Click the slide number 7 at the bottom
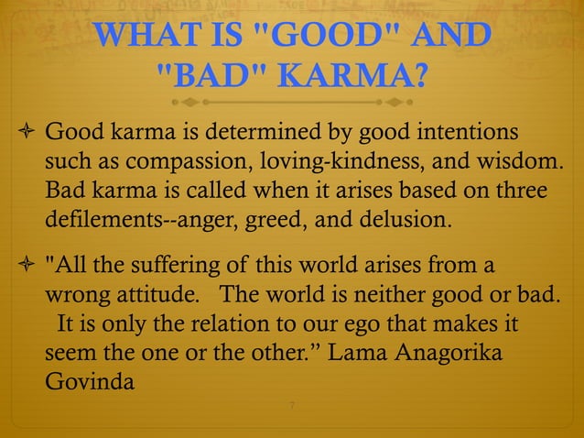pyautogui.click(x=291, y=406)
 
